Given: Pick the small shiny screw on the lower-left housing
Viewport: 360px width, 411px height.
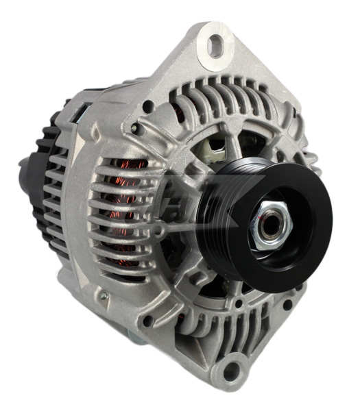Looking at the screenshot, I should point(101,295).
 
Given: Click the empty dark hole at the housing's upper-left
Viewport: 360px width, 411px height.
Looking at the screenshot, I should point(147,106).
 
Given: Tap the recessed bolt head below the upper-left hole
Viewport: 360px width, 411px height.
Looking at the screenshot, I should point(136,128).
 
